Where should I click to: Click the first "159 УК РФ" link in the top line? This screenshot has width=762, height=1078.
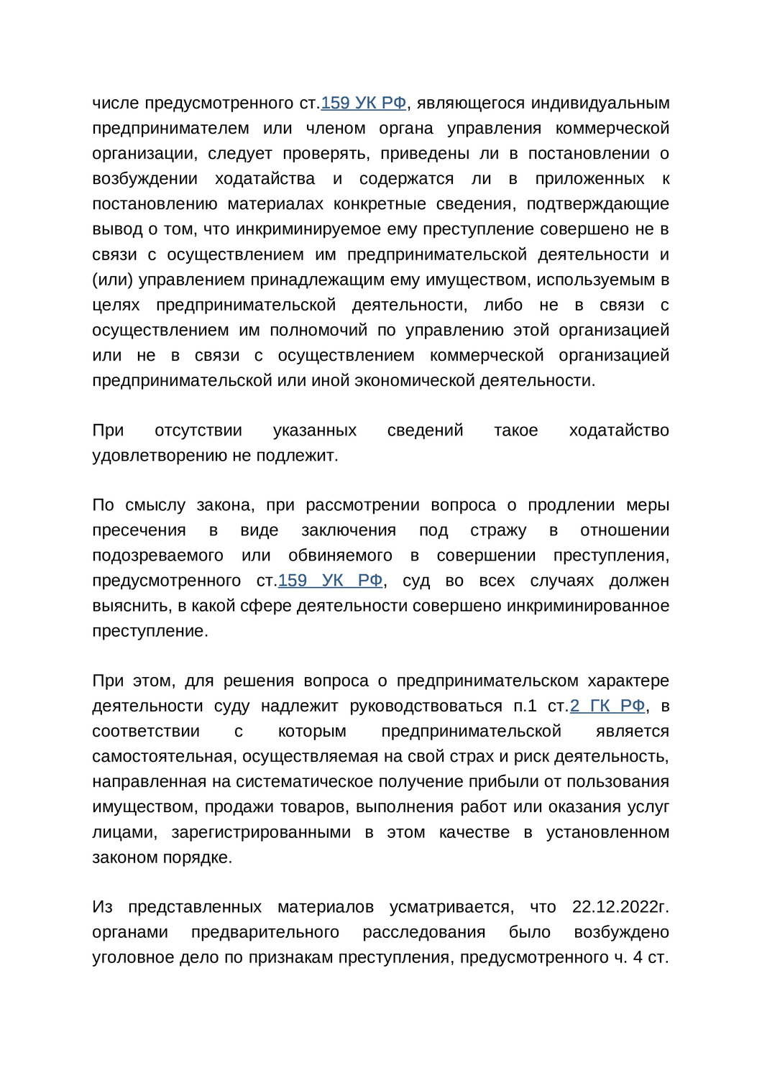pyautogui.click(x=363, y=103)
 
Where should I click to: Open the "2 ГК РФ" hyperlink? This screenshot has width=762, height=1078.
pyautogui.click(x=607, y=706)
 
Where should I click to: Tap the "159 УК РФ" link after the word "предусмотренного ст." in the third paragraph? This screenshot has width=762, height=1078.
pyautogui.click(x=330, y=580)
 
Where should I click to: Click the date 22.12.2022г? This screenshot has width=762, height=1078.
pyautogui.click(x=620, y=907)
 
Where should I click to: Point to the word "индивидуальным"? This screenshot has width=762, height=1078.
pyautogui.click(x=600, y=103)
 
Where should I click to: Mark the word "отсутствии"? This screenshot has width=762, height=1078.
pyautogui.click(x=198, y=430)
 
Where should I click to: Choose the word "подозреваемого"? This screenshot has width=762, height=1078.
pyautogui.click(x=157, y=556)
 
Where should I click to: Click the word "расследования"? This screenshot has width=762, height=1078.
pyautogui.click(x=423, y=932)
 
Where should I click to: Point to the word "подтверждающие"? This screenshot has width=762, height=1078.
pyautogui.click(x=598, y=204)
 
